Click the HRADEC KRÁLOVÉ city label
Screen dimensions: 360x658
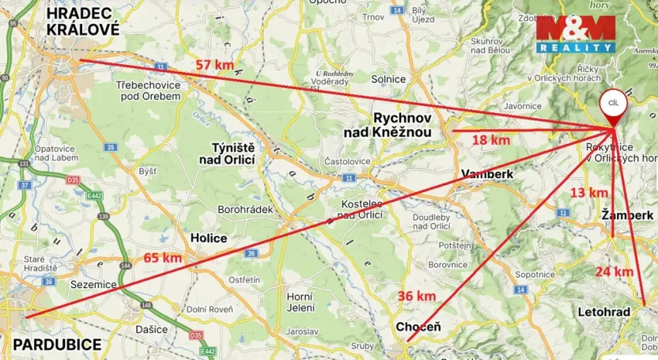pos(82,21)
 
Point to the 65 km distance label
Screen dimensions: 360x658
pos(163,257)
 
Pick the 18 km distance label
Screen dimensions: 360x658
pos(490,140)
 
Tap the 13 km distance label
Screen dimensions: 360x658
pos(589,192)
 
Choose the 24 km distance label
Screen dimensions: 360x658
pos(615,271)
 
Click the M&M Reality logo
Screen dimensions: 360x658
pos(575,33)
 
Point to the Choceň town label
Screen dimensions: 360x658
pos(418,327)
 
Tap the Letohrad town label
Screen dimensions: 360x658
pos(604,312)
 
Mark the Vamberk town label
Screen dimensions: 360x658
pos(487,174)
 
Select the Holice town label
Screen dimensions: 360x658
pos(209,237)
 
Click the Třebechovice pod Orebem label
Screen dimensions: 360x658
pos(148,89)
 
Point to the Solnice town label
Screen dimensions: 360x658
pos(388,79)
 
